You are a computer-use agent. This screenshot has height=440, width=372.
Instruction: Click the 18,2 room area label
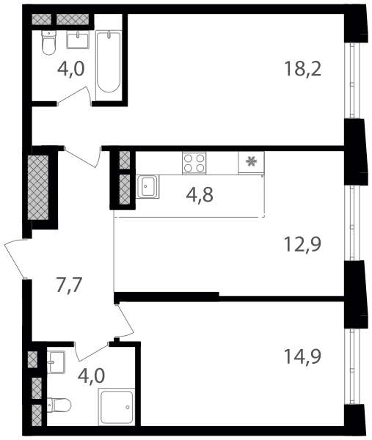pos(302,69)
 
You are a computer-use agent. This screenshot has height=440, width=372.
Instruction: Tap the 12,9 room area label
pos(302,244)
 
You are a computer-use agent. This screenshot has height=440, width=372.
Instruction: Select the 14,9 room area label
pos(302,356)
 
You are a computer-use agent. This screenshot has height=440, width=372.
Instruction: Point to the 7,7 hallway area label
pos(69,285)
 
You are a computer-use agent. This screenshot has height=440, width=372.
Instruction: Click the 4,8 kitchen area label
pos(200,195)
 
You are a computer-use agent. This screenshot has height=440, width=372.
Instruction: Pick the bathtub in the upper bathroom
pos(109,65)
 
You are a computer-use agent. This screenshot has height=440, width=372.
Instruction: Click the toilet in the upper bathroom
pos(49,43)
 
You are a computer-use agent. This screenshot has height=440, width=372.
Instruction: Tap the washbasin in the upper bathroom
pos(78,40)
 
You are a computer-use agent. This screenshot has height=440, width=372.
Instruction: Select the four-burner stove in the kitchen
pos(194,163)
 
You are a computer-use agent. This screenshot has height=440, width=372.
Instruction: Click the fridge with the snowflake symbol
pos(251,163)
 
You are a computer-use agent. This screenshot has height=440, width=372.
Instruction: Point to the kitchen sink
pos(147,186)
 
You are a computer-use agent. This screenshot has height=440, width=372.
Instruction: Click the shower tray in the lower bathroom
pos(117,406)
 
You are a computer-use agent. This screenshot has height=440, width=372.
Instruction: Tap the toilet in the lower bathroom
pos(59,405)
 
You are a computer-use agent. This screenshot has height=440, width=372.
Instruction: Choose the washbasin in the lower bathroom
pos(56,362)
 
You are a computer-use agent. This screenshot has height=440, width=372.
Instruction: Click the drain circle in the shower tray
pos(128,407)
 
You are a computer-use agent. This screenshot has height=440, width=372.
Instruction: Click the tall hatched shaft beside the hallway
pos(38,188)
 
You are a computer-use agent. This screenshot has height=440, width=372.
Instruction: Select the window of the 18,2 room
pos(352,81)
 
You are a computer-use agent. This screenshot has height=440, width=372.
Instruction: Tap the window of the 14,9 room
pos(352,366)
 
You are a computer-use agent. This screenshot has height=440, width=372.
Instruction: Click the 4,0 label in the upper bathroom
pos(70,69)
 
